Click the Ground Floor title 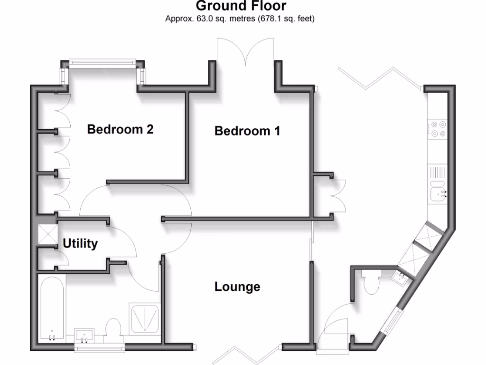(241, 6)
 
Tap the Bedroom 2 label (120, 129)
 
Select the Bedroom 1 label (247, 131)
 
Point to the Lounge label (237, 287)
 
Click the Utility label (80, 244)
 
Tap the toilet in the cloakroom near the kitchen (370, 282)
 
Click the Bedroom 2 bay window (102, 62)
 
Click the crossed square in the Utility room (47, 234)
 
